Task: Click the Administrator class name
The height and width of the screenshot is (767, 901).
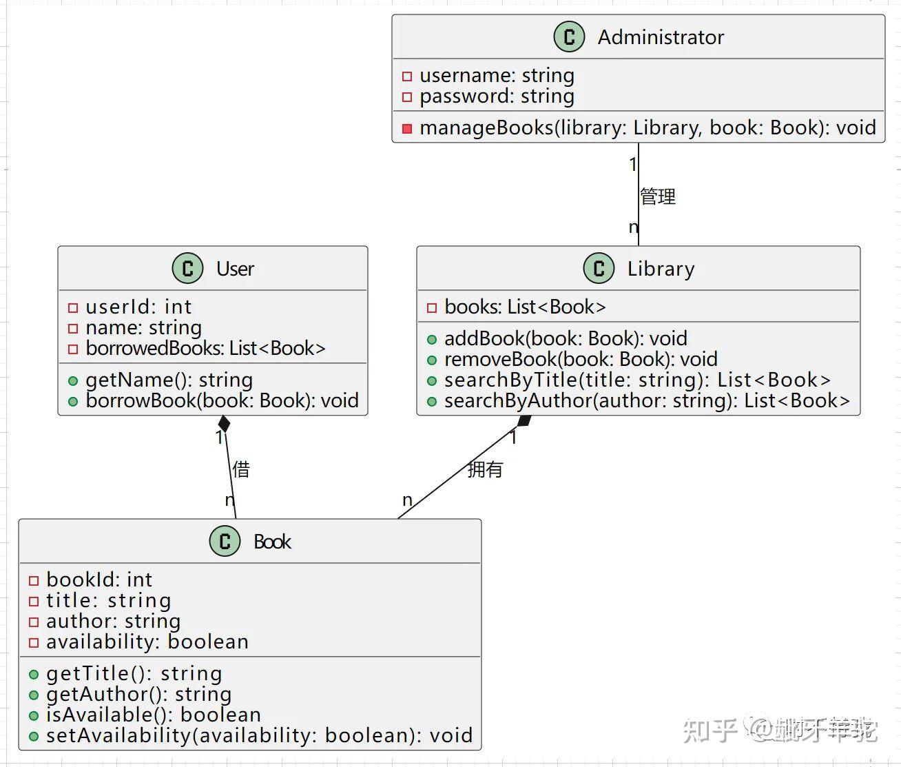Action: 660,37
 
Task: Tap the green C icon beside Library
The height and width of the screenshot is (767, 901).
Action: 598,268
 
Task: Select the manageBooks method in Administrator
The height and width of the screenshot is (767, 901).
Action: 647,127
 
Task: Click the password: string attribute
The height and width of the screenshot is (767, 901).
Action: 496,96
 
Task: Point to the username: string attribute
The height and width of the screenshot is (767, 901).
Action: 496,75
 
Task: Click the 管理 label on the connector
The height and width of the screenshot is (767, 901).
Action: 658,196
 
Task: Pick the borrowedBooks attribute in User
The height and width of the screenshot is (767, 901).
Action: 205,348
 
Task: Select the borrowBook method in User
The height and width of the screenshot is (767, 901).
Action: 221,400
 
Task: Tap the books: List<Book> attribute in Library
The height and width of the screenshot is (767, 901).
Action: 524,307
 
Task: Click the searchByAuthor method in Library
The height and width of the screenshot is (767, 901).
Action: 646,400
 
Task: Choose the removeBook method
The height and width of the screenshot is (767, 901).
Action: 580,359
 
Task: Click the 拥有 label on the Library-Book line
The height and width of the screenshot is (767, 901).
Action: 485,469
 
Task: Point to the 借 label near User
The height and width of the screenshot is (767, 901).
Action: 241,469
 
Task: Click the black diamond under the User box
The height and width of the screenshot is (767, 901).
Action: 224,423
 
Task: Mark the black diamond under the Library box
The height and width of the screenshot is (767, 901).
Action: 525,420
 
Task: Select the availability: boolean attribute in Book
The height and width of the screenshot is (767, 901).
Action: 147,642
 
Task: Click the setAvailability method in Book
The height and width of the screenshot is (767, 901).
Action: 258,735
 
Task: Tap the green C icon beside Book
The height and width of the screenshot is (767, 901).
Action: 225,541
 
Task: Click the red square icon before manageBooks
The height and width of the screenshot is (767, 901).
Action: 407,128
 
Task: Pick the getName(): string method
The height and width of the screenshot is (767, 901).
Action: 168,380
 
